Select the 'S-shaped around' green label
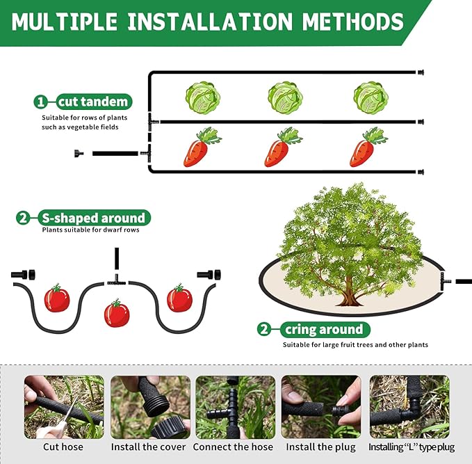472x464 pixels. pyautogui.click(x=93, y=218)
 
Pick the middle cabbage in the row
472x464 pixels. pyautogui.click(x=285, y=98)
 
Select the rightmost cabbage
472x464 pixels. pyautogui.click(x=371, y=98)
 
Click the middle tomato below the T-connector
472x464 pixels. pyautogui.click(x=117, y=313)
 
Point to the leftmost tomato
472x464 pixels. pyautogui.click(x=57, y=298)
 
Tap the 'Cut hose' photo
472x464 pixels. pyautogui.click(x=64, y=407)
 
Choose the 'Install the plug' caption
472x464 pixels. pyautogui.click(x=320, y=447)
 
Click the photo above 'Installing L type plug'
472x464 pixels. pyautogui.click(x=409, y=407)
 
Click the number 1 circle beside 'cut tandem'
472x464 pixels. pyautogui.click(x=41, y=102)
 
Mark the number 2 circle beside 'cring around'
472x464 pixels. pyautogui.click(x=264, y=329)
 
